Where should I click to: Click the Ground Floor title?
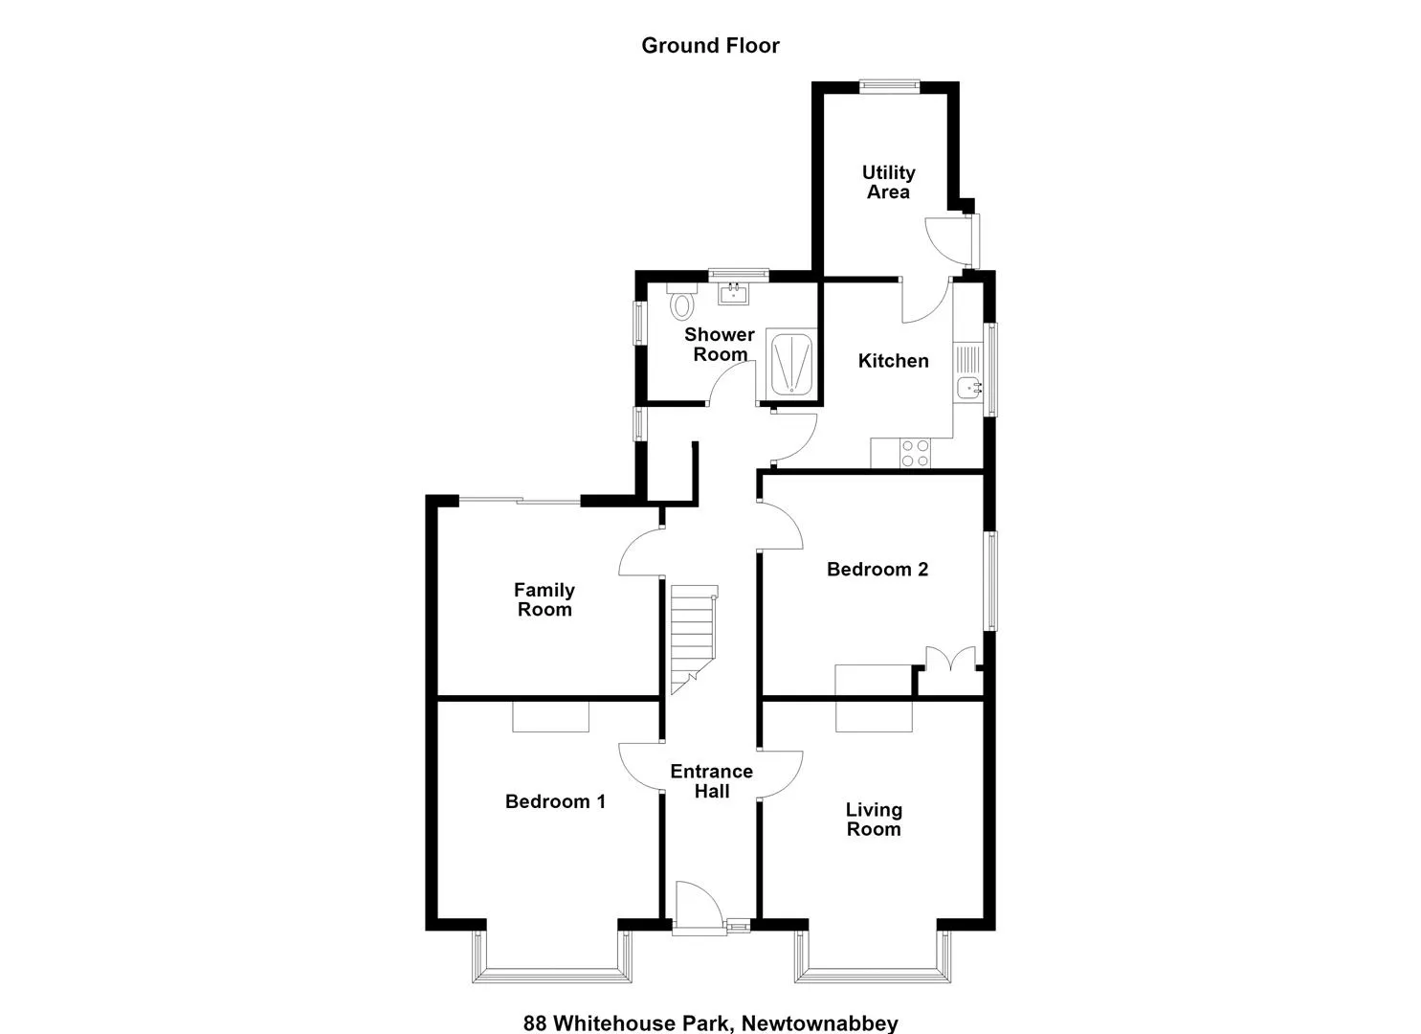pyautogui.click(x=710, y=46)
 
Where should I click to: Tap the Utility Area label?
pyautogui.click(x=888, y=182)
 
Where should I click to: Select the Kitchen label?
pyautogui.click(x=893, y=361)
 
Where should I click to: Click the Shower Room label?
pyautogui.click(x=720, y=344)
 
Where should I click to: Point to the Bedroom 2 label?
pyautogui.click(x=877, y=570)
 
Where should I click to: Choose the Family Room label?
pyautogui.click(x=544, y=600)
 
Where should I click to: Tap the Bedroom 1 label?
pyautogui.click(x=555, y=801)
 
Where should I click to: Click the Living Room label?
pyautogui.click(x=874, y=820)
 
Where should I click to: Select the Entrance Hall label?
pyautogui.click(x=712, y=781)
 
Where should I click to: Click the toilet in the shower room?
pyautogui.click(x=682, y=301)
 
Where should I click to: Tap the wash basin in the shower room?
pyautogui.click(x=733, y=293)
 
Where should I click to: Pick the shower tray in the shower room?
pyautogui.click(x=791, y=365)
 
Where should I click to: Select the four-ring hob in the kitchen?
pyautogui.click(x=915, y=453)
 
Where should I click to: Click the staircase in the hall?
pyautogui.click(x=694, y=639)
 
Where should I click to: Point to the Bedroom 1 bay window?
pyautogui.click(x=552, y=957)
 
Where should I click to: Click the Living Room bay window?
pyautogui.click(x=873, y=957)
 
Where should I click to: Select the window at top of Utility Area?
pyautogui.click(x=889, y=86)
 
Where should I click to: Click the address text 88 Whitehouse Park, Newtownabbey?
pyautogui.click(x=710, y=1023)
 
